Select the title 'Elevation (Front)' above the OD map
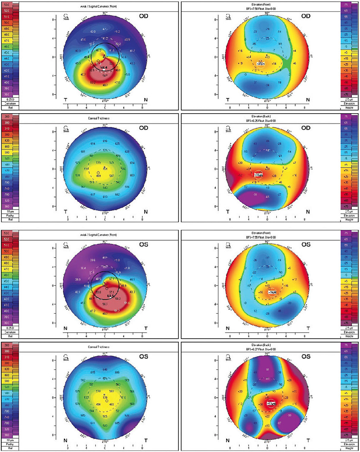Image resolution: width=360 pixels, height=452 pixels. pos(267,4)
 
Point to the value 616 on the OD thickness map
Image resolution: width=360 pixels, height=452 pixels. pos(105,141)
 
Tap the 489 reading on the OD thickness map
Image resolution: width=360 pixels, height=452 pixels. pos(98,176)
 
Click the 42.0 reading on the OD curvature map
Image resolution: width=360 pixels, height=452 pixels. pos(92,32)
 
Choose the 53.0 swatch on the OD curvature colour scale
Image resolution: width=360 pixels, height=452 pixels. pos(7,4)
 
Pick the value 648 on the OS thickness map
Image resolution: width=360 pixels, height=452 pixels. pos(105,369)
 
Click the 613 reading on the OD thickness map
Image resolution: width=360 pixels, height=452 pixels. pos(105,197)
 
